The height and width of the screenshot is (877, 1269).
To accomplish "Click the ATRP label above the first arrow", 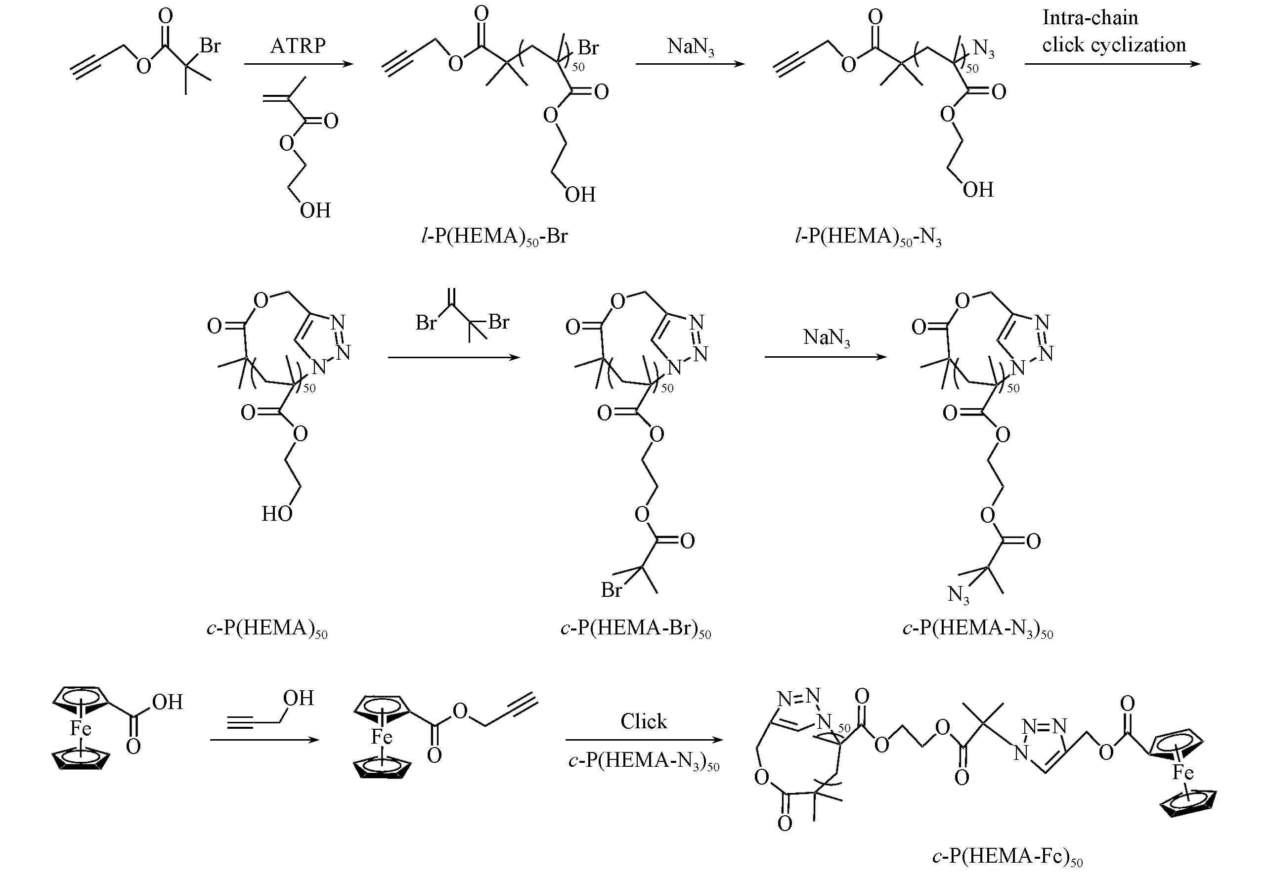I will coord(298,45).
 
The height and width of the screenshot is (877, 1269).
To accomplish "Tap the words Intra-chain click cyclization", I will coord(1113,31).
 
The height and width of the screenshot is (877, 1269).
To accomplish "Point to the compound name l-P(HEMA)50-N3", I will coord(869,236).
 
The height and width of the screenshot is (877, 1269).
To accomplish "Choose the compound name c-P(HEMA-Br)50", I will coord(636,627).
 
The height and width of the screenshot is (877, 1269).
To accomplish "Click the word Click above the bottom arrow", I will coord(643,721).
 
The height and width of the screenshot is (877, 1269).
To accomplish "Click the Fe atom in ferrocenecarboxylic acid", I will coord(80,729).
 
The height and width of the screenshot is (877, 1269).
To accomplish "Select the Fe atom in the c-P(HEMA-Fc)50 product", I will coord(1182,773).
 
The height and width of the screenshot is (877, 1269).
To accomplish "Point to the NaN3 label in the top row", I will coord(691,47).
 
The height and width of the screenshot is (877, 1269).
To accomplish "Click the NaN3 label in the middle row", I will coord(827,337).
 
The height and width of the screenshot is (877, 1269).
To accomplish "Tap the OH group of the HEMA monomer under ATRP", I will coord(315,210).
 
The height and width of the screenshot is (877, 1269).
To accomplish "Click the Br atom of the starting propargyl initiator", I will coord(210,45).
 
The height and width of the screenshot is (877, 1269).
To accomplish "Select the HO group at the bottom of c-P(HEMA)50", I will coord(276,514).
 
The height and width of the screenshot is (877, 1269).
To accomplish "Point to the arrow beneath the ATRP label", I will coord(298,64).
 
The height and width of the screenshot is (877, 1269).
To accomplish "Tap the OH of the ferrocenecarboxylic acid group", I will coord(167,702).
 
